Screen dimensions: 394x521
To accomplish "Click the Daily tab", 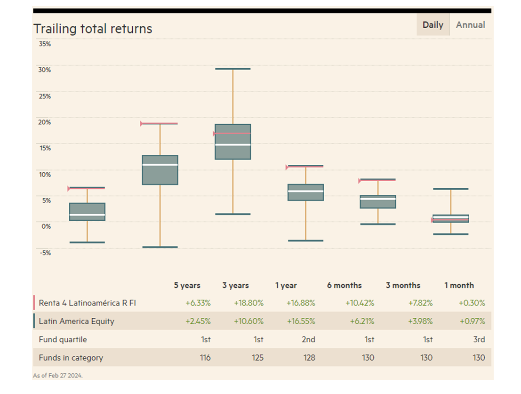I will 433,25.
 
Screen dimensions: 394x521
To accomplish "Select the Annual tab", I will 470,25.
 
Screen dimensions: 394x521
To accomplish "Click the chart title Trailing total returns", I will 93,29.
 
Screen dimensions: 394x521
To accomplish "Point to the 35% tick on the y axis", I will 44,44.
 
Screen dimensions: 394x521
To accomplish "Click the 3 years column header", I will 235,285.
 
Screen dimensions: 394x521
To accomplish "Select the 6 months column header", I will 344,285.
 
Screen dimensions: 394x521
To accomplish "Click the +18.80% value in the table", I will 248,303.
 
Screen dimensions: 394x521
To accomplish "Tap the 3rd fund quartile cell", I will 478,339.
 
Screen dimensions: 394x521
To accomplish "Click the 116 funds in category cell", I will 205,358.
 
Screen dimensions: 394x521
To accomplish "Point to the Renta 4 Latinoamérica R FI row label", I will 87,303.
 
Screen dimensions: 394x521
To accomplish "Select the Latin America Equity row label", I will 76,322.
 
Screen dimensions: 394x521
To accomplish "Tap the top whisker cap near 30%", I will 233,69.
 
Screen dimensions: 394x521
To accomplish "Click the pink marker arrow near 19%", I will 142,124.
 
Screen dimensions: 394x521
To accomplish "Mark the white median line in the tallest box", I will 233,145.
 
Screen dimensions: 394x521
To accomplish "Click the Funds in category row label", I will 71,358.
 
